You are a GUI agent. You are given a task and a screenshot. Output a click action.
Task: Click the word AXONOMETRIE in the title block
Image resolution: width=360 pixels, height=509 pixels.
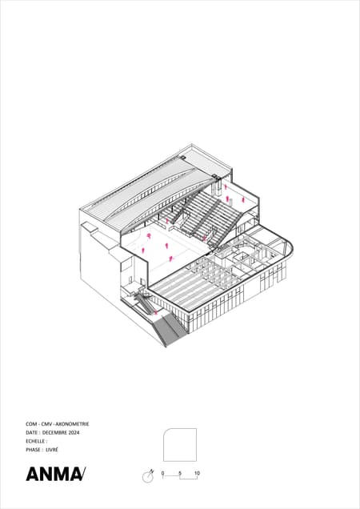pyautogui.click(x=72, y=424)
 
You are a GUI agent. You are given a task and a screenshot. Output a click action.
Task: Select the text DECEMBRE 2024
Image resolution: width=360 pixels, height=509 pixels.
pyautogui.click(x=61, y=432)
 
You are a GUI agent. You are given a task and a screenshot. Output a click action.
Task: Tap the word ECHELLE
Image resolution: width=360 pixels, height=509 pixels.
pyautogui.click(x=35, y=441)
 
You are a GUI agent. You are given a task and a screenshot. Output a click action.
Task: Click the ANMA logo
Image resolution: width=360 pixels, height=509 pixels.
pyautogui.click(x=56, y=474)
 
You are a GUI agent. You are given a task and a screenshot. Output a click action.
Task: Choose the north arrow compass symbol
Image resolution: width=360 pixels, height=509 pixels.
pyautogui.click(x=148, y=476)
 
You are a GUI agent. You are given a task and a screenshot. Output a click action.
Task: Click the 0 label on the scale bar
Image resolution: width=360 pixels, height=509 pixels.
pyautogui.click(x=162, y=473)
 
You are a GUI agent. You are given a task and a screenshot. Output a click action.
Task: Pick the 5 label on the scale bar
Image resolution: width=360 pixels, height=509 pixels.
pyautogui.click(x=180, y=473)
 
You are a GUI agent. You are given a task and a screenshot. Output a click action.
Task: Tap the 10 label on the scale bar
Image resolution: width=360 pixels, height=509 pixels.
pyautogui.click(x=197, y=473)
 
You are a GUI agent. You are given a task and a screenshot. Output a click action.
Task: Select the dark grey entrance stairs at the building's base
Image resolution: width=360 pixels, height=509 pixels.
pyautogui.click(x=169, y=331)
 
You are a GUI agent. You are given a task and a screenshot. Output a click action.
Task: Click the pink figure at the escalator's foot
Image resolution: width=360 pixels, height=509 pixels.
pyautogui.click(x=156, y=312)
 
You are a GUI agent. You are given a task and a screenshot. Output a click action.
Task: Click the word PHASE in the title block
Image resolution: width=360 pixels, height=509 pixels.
pyautogui.click(x=33, y=450)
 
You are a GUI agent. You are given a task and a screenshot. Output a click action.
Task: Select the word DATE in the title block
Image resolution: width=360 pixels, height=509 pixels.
pyautogui.click(x=32, y=432)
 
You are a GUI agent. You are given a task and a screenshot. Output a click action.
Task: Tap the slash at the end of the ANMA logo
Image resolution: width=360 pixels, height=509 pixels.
pyautogui.click(x=82, y=474)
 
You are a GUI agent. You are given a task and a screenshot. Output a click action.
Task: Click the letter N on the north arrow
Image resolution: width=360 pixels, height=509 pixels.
pyautogui.click(x=152, y=471)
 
